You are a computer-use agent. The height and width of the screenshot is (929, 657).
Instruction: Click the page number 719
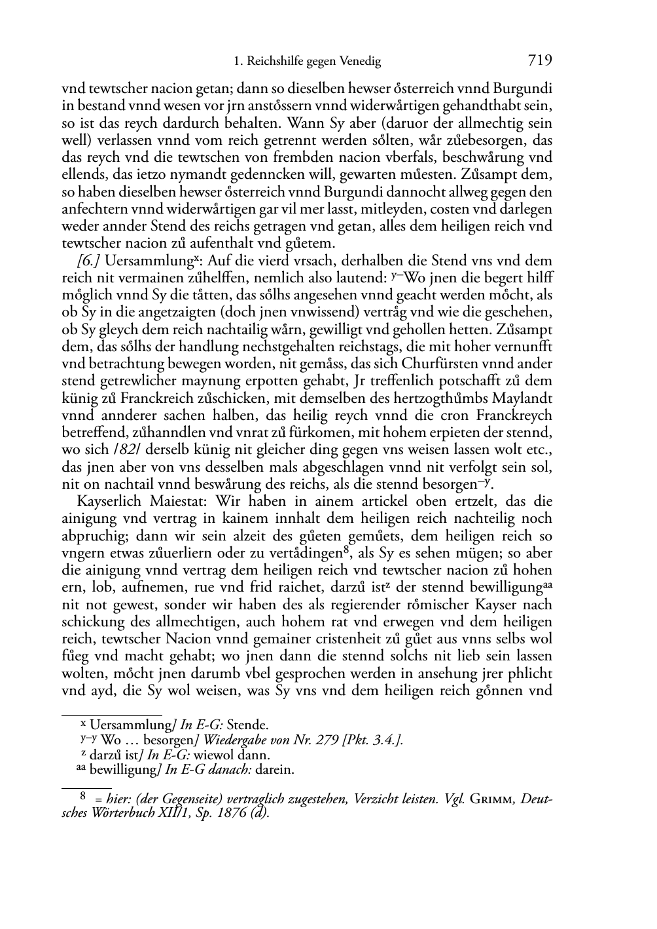click(x=540, y=60)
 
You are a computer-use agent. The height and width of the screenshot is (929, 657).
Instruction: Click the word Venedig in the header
click(x=360, y=62)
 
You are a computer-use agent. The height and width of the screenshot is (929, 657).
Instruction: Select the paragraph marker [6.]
click(x=88, y=261)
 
